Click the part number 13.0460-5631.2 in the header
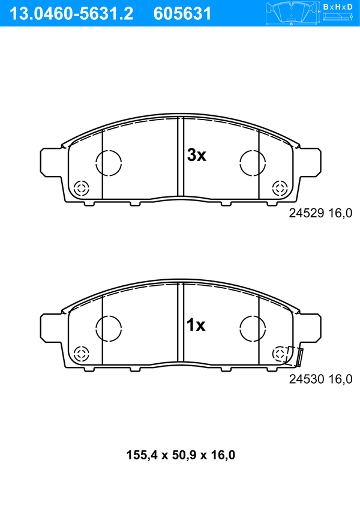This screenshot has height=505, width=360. pos(71,14)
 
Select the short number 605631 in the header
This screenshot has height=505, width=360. pos(182,14)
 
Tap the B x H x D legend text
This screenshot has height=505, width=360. pos(338,7)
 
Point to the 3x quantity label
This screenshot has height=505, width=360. pos(197,156)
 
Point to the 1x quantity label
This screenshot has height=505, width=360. pos(196,325)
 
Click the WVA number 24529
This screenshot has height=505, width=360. pos(307,213)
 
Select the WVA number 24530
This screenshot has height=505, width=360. pos(307,379)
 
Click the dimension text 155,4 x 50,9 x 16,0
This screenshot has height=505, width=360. pos(181,455)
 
